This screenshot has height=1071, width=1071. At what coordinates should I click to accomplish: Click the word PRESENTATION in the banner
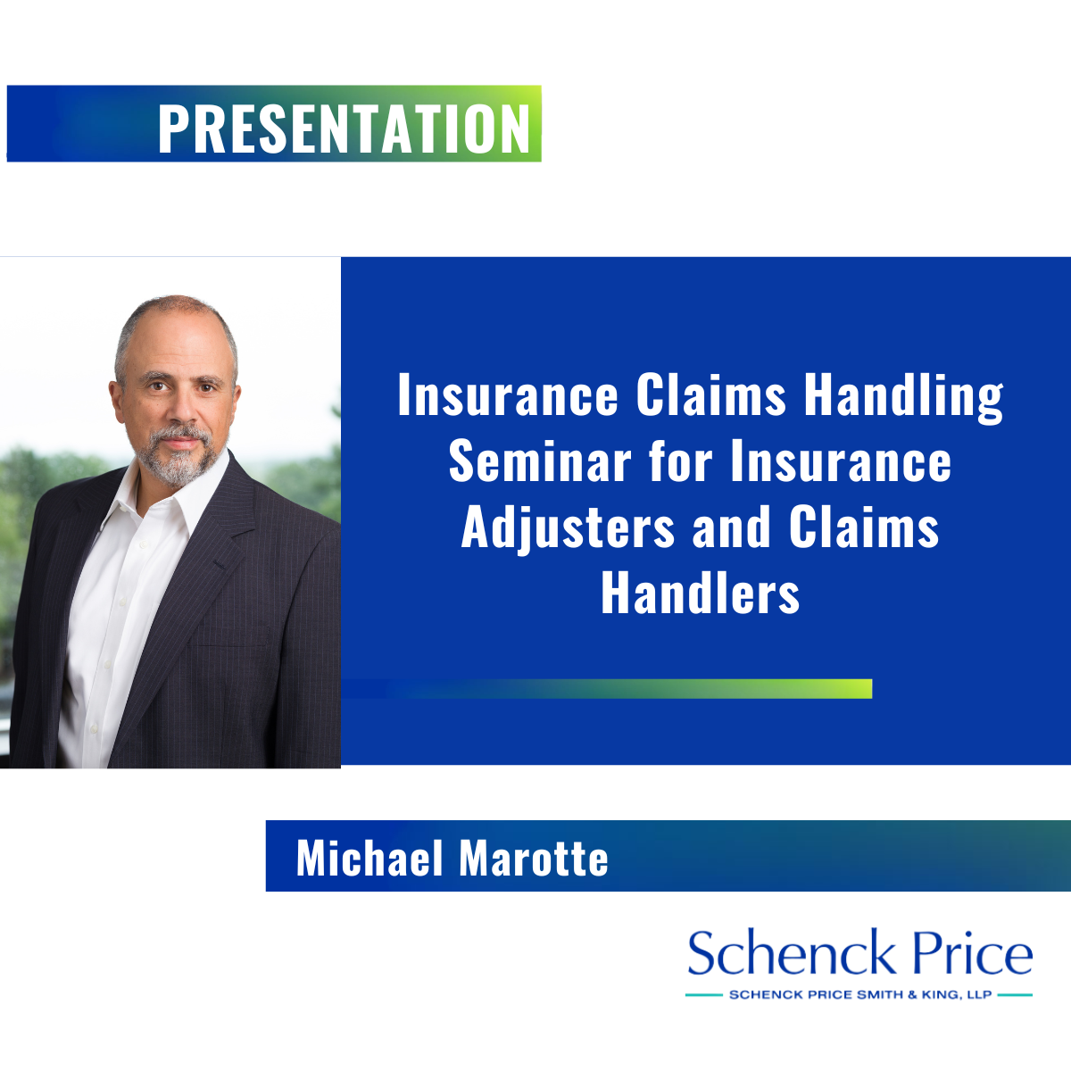pyautogui.click(x=344, y=128)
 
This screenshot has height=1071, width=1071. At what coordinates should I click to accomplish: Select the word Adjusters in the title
pyautogui.click(x=568, y=528)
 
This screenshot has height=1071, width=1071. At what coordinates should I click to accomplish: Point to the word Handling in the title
pyautogui.click(x=904, y=396)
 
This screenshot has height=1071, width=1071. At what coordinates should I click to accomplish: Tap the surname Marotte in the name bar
pyautogui.click(x=534, y=858)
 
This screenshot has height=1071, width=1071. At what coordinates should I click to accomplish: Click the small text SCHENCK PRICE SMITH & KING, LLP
pyautogui.click(x=860, y=995)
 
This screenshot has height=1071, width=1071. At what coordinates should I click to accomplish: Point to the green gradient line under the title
pyautogui.click(x=606, y=689)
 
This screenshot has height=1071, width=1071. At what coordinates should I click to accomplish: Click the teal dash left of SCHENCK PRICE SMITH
pyautogui.click(x=703, y=995)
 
